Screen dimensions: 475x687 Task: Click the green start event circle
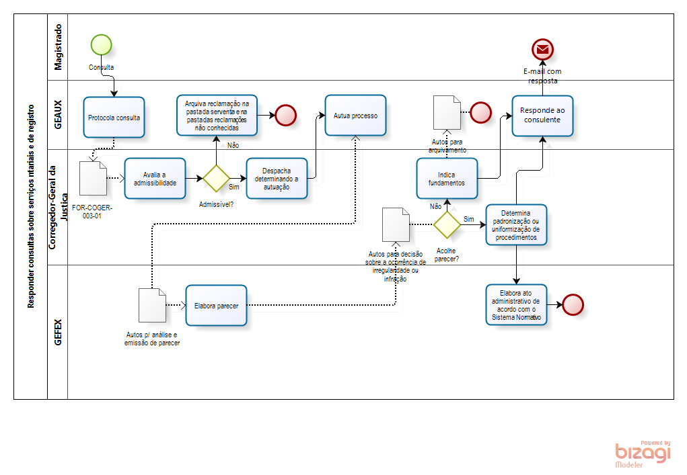[101, 44]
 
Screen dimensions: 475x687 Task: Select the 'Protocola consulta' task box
[114, 117]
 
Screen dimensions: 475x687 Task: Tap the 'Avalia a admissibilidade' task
[155, 178]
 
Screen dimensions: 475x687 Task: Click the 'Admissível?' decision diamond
[217, 178]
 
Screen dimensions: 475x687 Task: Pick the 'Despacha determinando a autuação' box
[277, 178]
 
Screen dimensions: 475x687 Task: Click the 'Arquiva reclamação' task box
[217, 115]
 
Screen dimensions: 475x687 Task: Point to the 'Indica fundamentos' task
[447, 178]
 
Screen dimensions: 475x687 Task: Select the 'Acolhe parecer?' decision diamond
[447, 224]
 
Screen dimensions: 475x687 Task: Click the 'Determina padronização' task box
[516, 224]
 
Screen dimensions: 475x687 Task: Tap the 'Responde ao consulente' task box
[542, 116]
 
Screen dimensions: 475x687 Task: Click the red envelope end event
[542, 49]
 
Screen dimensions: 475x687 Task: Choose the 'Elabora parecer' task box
[216, 305]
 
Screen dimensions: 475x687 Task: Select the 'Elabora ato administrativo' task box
[516, 304]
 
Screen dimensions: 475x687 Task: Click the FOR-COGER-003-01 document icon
[93, 178]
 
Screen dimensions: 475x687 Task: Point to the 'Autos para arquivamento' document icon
[447, 112]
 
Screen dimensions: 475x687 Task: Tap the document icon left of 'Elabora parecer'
[152, 305]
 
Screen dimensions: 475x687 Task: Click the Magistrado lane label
[58, 47]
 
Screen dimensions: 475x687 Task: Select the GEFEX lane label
[58, 332]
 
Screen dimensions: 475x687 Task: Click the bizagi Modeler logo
[643, 454]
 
